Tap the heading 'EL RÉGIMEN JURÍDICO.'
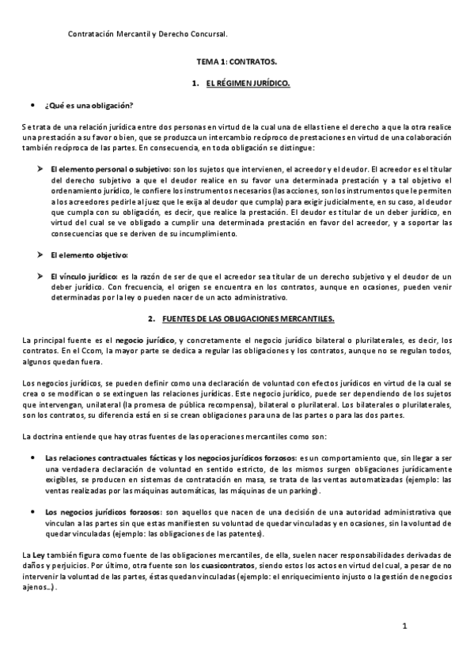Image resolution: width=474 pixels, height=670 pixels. [248, 83]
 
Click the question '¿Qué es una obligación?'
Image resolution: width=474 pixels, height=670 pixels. [89, 106]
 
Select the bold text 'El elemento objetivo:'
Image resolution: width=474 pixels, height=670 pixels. [88, 254]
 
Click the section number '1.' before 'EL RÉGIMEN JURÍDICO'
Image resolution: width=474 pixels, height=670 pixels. [194, 83]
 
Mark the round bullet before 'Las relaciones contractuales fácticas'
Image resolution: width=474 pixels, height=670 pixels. [31, 457]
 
